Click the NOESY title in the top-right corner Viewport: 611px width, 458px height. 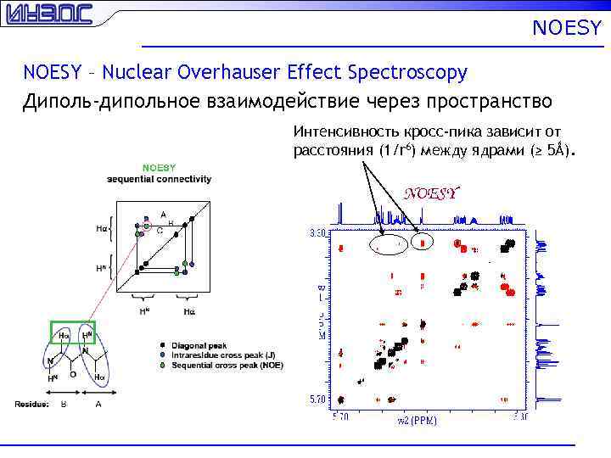(x=567, y=29)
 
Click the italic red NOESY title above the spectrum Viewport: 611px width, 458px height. (x=431, y=193)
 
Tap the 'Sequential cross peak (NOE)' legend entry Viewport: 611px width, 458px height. (x=227, y=365)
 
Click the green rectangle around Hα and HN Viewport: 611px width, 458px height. (x=72, y=333)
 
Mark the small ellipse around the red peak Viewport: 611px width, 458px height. (x=422, y=243)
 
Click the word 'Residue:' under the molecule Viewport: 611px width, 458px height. (x=31, y=405)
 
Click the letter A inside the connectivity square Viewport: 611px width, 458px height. (x=163, y=214)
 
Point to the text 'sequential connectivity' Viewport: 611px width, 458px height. (x=159, y=179)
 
